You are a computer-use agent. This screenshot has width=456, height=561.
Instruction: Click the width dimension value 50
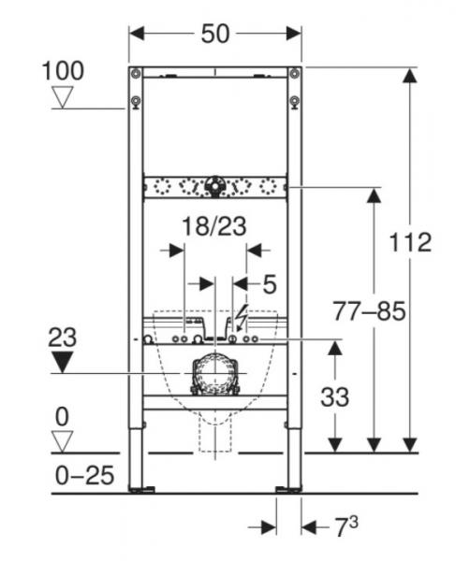coord(215,34)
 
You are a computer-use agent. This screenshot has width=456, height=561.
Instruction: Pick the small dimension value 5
coord(269,280)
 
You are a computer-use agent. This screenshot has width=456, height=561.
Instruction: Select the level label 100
coord(63,70)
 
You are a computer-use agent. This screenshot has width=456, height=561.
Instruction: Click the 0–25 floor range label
coord(81,475)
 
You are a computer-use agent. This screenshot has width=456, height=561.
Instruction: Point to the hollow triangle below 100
coord(63,96)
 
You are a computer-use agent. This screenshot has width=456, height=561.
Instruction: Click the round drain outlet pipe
coord(214,376)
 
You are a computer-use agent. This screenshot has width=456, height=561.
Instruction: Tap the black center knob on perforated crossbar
coord(215,185)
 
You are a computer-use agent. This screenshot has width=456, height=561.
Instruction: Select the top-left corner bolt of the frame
coord(137,73)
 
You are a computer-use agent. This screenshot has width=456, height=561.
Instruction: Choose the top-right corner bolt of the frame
coord(295,73)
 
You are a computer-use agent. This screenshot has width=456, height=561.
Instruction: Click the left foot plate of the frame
coord(142,488)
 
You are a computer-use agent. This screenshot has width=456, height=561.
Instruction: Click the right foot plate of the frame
coord(288,488)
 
